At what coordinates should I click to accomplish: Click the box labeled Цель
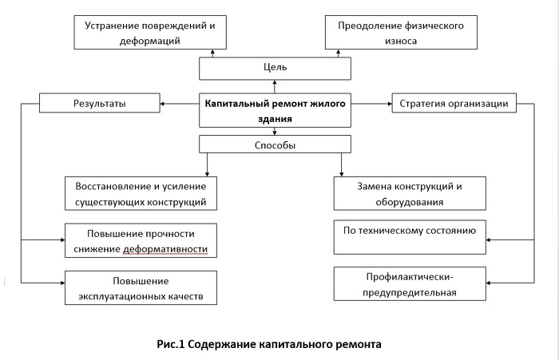click(x=275, y=69)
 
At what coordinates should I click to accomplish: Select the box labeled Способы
click(x=275, y=144)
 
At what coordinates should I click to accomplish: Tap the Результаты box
click(x=100, y=103)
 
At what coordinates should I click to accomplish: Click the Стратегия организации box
click(x=454, y=103)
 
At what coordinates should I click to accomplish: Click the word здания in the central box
click(x=275, y=119)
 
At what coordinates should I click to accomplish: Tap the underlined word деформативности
click(x=165, y=249)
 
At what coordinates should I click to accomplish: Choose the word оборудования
click(x=409, y=202)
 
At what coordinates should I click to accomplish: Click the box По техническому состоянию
click(x=410, y=237)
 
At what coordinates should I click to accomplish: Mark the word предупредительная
click(x=409, y=293)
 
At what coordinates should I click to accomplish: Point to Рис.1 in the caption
click(x=170, y=344)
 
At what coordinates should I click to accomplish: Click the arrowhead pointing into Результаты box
click(x=162, y=104)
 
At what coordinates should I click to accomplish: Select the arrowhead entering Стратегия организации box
click(x=390, y=104)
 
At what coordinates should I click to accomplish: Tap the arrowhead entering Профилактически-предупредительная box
click(x=489, y=283)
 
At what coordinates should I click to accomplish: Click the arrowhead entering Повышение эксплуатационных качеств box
click(x=62, y=283)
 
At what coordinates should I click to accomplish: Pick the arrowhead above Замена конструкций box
click(x=341, y=174)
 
